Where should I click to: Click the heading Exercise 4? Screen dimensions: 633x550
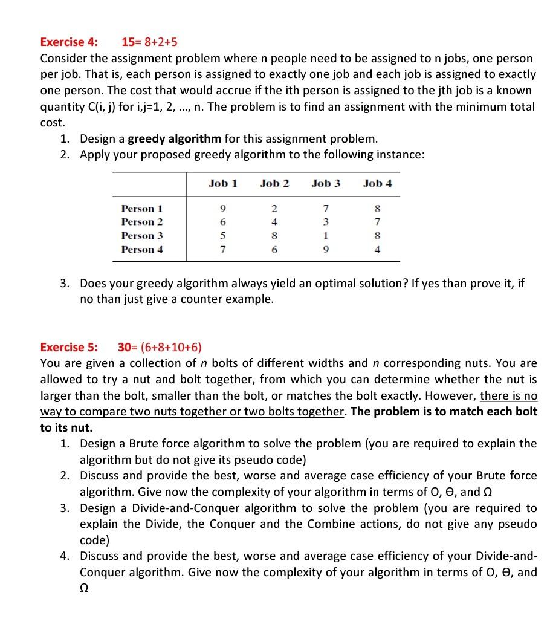coord(68,42)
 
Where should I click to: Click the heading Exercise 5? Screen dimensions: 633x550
coord(68,347)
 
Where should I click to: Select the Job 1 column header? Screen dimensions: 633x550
coord(222,183)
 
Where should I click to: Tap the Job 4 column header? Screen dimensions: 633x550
coord(377,183)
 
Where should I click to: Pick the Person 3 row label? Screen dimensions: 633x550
coord(142,236)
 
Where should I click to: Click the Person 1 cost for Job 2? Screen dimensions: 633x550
coord(274,209)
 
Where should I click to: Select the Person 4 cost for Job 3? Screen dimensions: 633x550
coord(326,249)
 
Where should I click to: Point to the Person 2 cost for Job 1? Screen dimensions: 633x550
coord(223,222)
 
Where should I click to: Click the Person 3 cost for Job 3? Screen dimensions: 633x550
coord(326,236)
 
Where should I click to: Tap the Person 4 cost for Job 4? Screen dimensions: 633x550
coord(378,249)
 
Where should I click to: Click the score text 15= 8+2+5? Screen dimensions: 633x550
coord(149,42)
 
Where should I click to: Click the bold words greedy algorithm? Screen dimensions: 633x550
coord(175,138)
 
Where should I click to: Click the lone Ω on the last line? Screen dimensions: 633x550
coord(85,587)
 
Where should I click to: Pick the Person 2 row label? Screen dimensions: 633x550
coord(142,222)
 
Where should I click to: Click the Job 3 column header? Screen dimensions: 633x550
coord(326,183)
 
